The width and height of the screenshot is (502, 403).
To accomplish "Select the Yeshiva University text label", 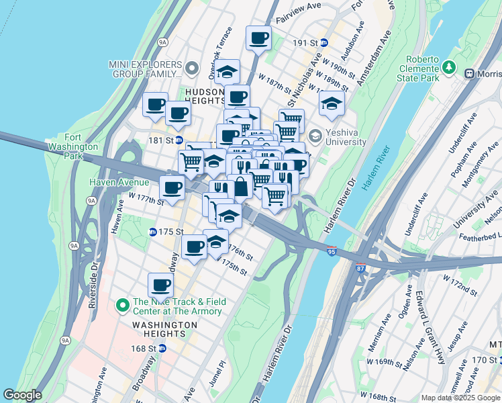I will point(346,138).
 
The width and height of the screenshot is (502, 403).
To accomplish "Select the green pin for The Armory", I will point(122,306).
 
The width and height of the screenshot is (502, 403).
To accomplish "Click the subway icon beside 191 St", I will point(324,42).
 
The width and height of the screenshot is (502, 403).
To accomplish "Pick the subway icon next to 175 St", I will point(152,232).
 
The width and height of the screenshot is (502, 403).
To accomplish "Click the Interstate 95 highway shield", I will point(333,251).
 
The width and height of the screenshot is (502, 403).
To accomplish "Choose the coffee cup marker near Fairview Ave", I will point(258,38).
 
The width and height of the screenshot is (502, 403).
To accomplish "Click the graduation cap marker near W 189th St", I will point(331,103).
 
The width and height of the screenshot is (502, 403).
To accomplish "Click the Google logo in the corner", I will point(22,395).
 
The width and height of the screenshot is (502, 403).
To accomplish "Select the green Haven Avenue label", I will point(119,182).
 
